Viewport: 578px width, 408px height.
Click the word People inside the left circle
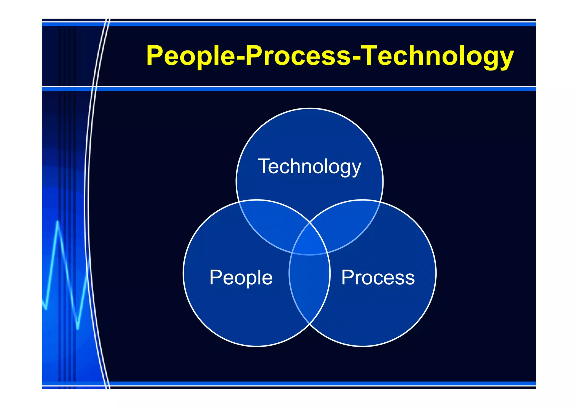click(x=241, y=278)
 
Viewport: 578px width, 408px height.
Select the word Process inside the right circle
click(x=378, y=278)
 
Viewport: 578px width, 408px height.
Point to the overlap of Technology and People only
click(x=271, y=223)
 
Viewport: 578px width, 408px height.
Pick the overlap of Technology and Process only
click(x=349, y=223)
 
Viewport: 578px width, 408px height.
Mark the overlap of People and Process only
click(x=310, y=287)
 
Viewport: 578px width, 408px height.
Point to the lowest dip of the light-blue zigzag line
click(x=78, y=328)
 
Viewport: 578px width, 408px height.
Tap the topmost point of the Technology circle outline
click(x=310, y=108)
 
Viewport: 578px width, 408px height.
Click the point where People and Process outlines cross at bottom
click(x=310, y=324)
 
